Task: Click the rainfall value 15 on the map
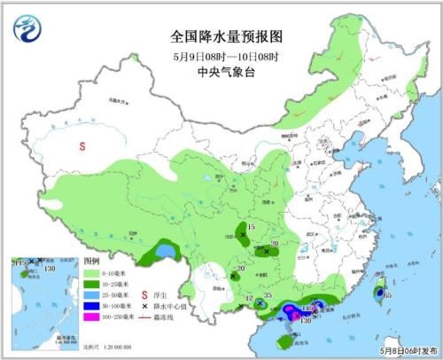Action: (x=252, y=228)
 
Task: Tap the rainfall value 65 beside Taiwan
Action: (x=388, y=293)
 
